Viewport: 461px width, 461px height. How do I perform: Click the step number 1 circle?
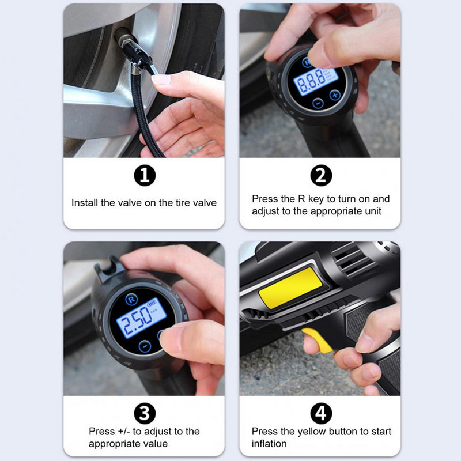[145, 175]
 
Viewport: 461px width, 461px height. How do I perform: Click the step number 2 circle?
[321, 175]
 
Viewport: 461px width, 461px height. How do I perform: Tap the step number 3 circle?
[145, 413]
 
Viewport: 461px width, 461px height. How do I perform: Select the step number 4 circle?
[321, 413]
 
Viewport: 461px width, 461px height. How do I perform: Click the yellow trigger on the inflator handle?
[318, 340]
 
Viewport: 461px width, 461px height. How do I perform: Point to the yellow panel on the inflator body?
[290, 288]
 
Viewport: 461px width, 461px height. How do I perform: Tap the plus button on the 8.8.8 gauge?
[335, 95]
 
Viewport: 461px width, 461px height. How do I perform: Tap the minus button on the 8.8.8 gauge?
[318, 103]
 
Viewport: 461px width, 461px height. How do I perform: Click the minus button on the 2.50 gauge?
[145, 346]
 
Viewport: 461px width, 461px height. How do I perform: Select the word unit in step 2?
[373, 211]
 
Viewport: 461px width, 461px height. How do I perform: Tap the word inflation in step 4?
[269, 443]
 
